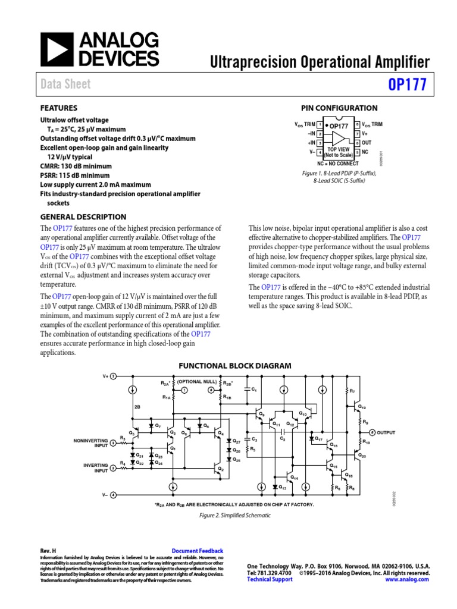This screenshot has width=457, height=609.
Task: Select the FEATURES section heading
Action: tap(58, 108)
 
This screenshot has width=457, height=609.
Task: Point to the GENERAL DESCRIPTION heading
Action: tap(83, 217)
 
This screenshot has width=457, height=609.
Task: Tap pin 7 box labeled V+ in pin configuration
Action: tap(357, 134)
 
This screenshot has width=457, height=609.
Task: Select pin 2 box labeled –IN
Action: tap(320, 134)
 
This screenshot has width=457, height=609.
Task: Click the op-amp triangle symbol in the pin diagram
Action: tap(339, 139)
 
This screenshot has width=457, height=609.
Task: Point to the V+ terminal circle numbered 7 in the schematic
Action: tap(114, 376)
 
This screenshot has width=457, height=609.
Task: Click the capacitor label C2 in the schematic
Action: tap(283, 439)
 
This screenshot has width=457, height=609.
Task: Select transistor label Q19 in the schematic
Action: tap(363, 407)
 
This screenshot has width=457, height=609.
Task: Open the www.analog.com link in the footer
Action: tap(408, 579)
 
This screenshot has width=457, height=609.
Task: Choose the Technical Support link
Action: tap(270, 579)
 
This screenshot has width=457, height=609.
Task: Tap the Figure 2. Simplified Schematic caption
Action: tap(235, 516)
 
